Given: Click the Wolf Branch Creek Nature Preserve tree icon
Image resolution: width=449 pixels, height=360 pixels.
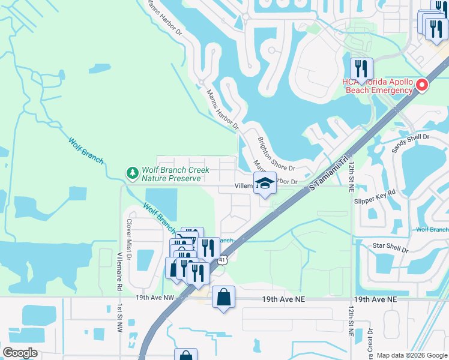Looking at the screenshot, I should [132, 173].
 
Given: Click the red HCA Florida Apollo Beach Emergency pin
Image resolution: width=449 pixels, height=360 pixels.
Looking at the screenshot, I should [422, 85].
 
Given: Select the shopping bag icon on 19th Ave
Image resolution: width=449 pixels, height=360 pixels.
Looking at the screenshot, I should [223, 297].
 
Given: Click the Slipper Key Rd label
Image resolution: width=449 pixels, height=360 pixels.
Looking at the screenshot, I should [375, 193].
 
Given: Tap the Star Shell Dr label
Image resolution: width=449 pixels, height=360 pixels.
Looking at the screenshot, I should [390, 247].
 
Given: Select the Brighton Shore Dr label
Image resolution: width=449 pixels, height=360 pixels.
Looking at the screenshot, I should [277, 154].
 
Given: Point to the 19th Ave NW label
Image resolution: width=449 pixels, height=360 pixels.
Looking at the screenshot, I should [154, 298].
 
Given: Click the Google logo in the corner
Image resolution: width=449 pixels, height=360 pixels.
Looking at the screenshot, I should [20, 353].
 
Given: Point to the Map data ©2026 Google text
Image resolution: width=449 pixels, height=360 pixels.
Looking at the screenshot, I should [411, 355].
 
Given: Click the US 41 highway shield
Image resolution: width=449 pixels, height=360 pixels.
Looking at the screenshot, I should [223, 259].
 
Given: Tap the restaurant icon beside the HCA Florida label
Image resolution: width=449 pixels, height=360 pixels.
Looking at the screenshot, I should [361, 69].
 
